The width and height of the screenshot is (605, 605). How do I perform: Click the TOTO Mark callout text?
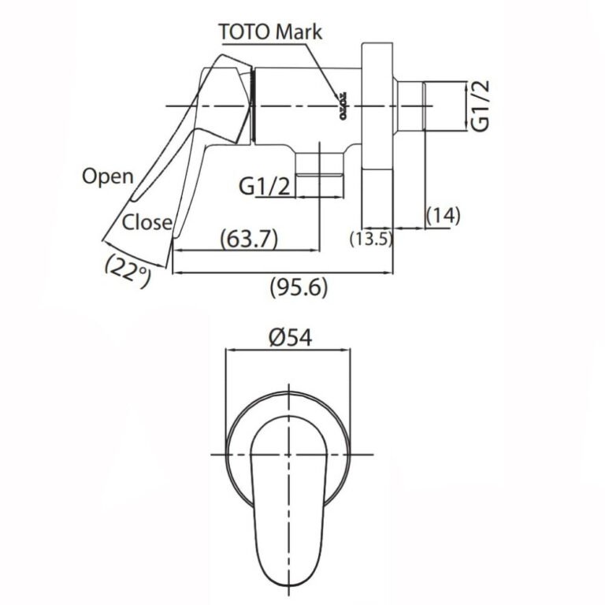270,32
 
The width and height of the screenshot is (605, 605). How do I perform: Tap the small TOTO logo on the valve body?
343,106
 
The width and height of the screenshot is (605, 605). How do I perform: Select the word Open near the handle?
108,176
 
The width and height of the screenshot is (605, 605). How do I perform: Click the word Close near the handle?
147,222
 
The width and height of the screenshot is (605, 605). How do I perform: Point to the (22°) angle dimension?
128,271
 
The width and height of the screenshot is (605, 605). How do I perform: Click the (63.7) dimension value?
249,239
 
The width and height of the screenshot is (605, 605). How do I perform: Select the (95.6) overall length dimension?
299,288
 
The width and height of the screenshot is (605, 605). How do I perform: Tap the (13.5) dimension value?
371,239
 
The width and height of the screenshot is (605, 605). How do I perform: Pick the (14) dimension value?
444,216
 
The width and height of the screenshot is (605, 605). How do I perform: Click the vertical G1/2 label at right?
481,106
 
